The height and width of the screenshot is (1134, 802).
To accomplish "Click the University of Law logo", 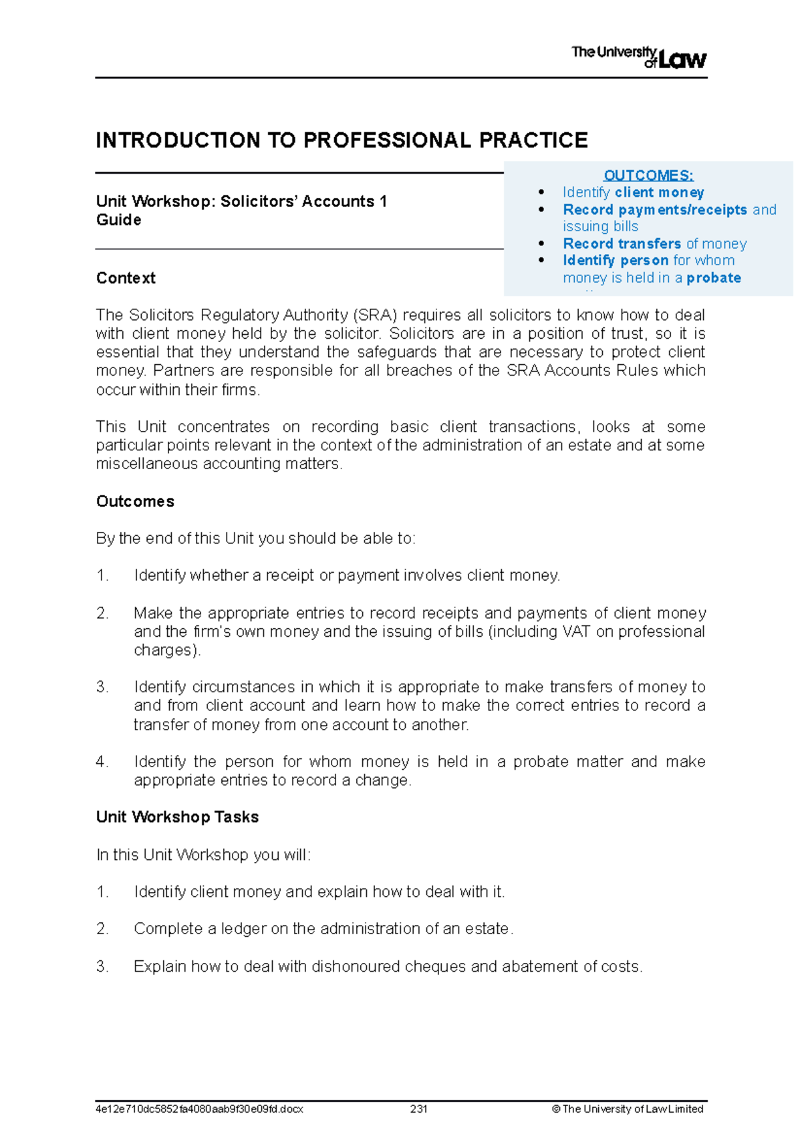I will tap(638, 57).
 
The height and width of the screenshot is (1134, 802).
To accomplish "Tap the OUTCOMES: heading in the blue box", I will tap(648, 176).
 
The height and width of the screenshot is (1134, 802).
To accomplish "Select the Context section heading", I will tap(126, 278).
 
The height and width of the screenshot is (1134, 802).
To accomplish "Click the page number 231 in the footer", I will tap(419, 1109).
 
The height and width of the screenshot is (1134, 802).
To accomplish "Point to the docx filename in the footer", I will tap(199, 1109).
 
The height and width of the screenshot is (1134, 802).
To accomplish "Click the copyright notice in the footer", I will tap(628, 1109).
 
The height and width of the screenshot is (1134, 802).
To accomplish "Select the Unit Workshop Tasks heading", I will tap(177, 817).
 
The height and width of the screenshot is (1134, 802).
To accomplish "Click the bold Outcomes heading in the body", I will tap(135, 501).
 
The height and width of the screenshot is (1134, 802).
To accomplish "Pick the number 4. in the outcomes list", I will tap(102, 762).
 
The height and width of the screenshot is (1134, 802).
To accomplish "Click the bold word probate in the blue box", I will tap(713, 278).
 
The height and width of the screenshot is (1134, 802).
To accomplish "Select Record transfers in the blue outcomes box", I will tap(622, 244).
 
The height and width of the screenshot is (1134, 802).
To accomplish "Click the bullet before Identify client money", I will tap(541, 192).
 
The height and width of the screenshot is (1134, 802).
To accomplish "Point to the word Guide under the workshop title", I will tap(118, 221).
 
